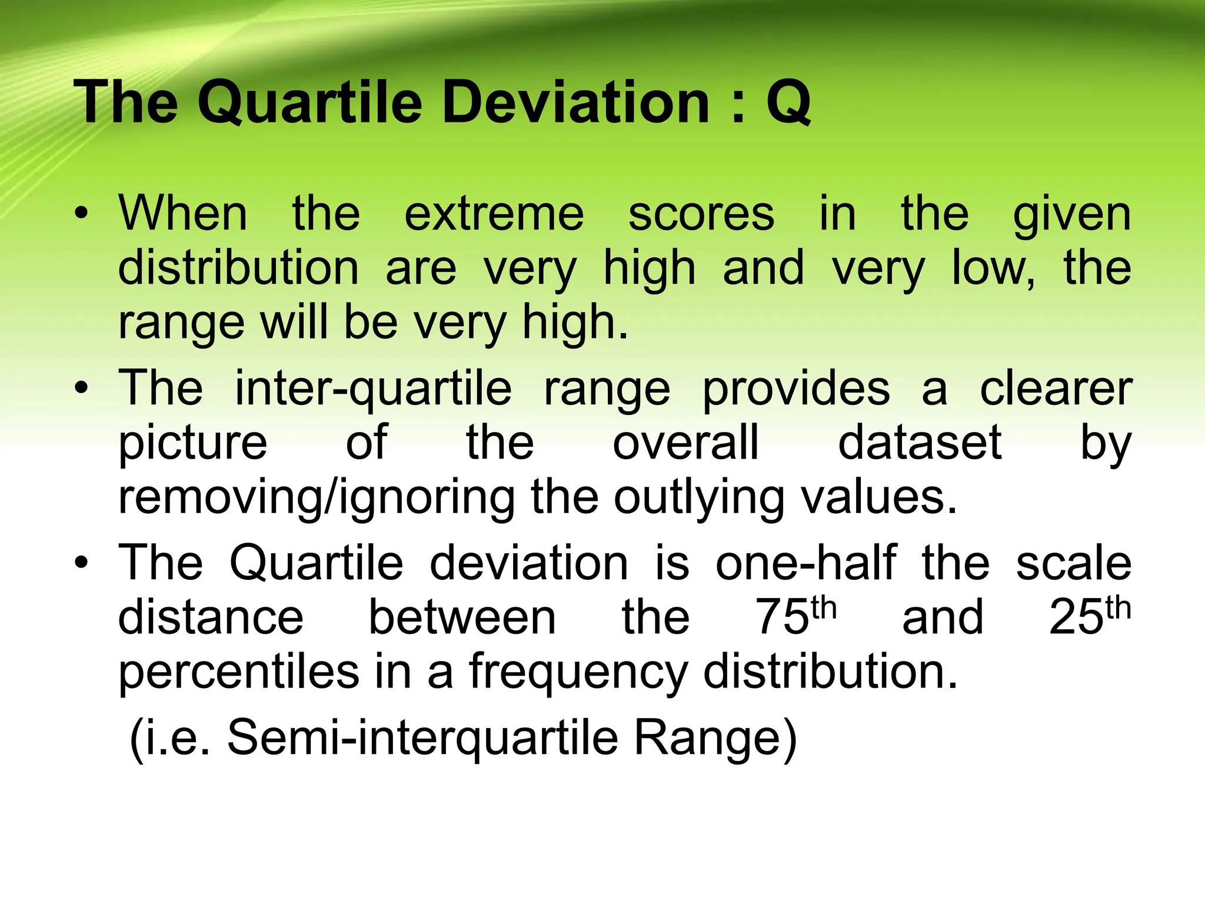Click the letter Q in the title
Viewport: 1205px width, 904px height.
coord(789,104)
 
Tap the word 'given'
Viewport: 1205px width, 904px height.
coord(1072,215)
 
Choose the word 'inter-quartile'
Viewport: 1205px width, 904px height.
coord(374,390)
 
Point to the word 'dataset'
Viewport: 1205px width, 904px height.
coord(920,442)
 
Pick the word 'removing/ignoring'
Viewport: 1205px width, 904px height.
coord(317,498)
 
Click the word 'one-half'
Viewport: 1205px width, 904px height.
coord(805,563)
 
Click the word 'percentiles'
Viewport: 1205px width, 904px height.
coord(239,673)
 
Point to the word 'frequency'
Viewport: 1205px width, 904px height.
coord(578,673)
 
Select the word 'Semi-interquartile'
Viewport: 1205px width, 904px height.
coord(422,738)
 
